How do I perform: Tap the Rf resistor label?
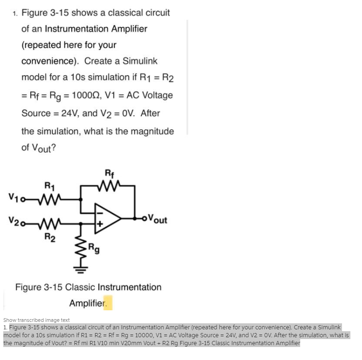109,176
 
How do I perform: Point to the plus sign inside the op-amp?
99,224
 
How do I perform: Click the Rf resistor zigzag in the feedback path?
109,186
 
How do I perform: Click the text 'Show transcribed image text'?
36,320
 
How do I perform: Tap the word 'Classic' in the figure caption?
80,287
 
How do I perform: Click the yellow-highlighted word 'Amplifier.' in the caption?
90,303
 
